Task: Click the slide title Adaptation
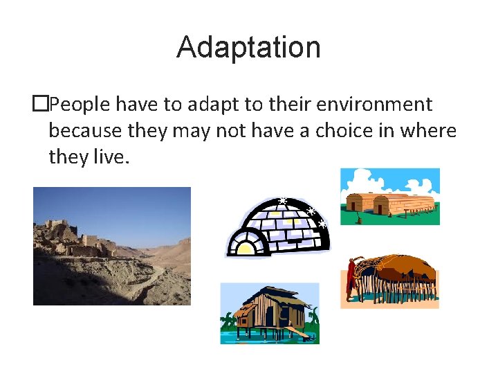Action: pyautogui.click(x=248, y=48)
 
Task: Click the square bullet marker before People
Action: pyautogui.click(x=41, y=105)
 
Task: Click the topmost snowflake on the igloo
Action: pyautogui.click(x=282, y=202)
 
